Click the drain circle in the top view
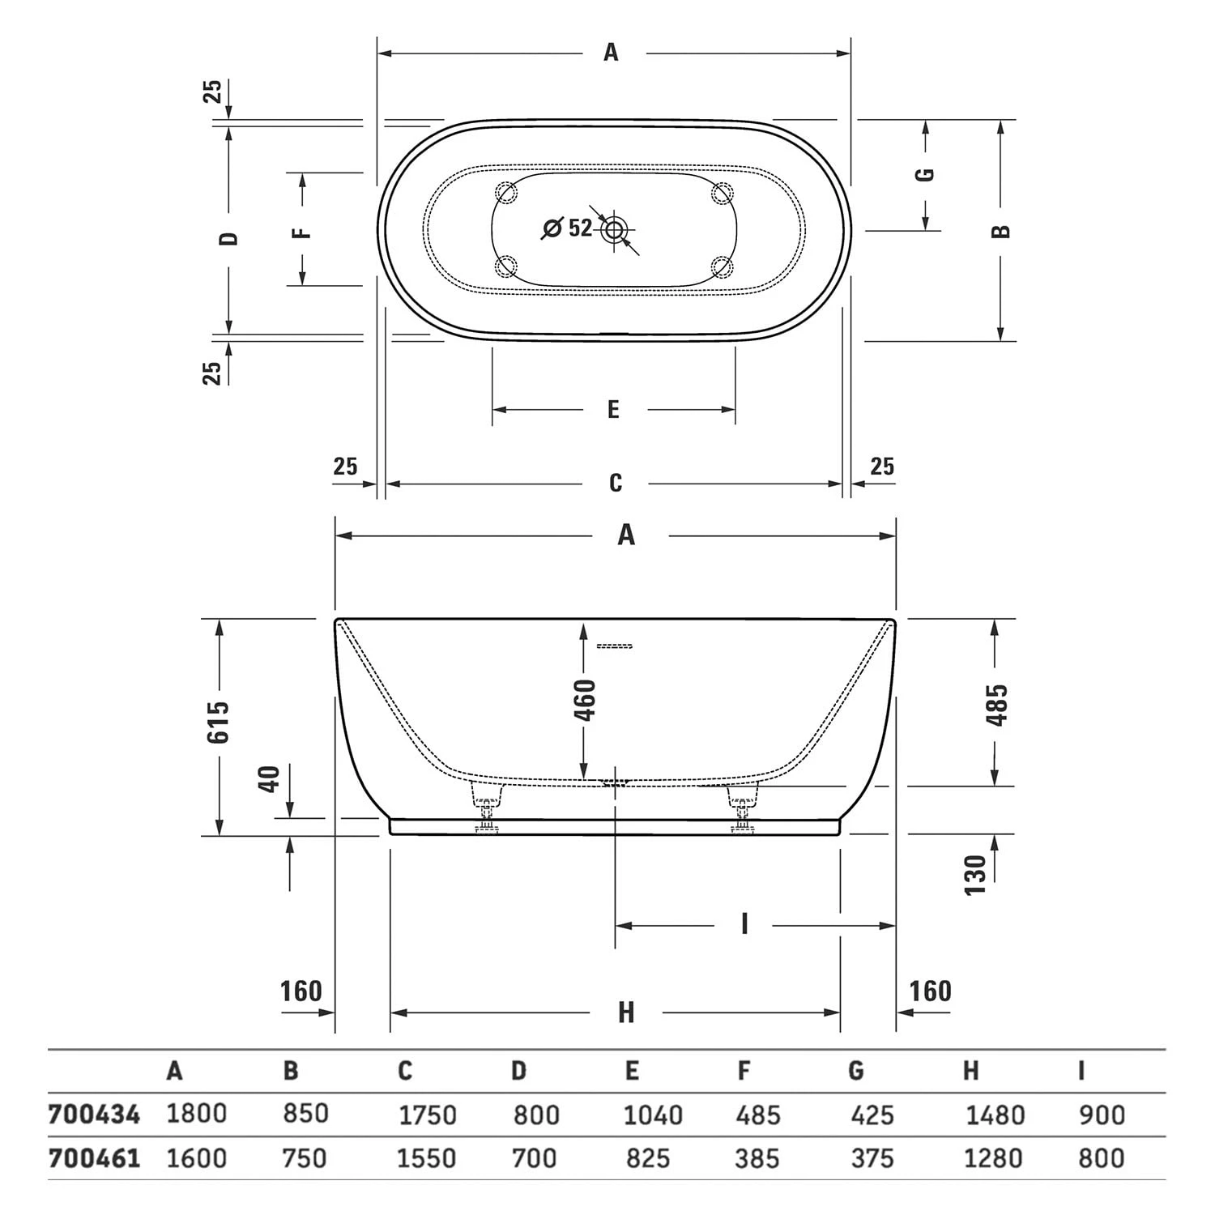coord(614,230)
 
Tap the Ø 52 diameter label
coord(568,228)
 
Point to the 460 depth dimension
coord(585,701)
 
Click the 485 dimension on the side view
coord(999,705)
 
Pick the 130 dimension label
coord(976,875)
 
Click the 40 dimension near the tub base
coord(271,779)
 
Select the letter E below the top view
coord(613,410)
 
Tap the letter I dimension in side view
coord(744,924)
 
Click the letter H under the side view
coord(625,1013)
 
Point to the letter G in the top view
coord(925,174)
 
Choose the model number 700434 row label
coord(94,1115)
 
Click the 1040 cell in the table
coord(653,1115)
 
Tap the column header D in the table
coord(519,1072)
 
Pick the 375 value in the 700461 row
coord(872,1158)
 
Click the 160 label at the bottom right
coord(929,991)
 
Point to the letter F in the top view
coord(301,232)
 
